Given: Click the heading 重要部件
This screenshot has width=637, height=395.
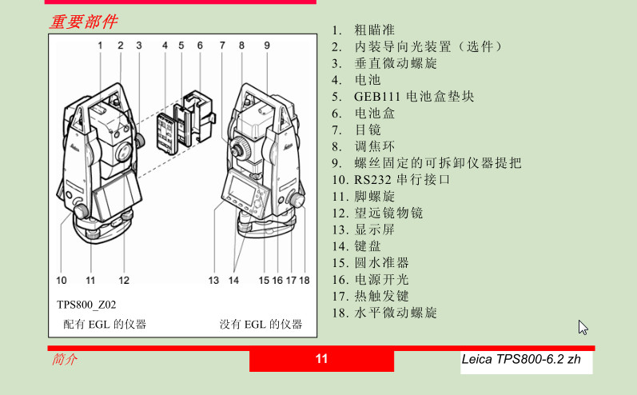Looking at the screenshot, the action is (84, 22).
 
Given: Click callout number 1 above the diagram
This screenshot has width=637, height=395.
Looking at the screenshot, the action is (100, 46).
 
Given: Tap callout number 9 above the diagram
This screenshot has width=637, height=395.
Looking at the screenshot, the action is (267, 46).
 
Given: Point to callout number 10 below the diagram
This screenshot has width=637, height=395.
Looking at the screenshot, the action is (62, 281).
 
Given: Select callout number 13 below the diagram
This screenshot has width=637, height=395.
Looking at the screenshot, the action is (213, 281).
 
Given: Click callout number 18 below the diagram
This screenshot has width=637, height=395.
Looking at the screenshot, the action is (305, 281).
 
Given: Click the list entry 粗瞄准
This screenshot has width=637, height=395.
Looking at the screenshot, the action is (375, 30).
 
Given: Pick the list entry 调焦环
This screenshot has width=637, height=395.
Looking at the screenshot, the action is (375, 146).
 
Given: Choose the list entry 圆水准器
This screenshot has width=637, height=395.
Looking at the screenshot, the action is (381, 263).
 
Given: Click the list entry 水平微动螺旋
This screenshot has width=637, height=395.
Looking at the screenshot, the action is (396, 313).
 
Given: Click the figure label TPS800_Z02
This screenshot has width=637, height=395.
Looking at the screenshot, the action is (86, 305).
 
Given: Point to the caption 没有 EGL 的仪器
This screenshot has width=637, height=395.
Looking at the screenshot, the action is (261, 325).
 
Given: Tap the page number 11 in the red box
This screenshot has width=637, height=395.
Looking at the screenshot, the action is (321, 359).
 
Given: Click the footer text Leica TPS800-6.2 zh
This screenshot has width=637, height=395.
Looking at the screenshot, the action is (521, 359).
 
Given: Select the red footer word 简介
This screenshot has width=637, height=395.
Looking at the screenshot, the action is (64, 359).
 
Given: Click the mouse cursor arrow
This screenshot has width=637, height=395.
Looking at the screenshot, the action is (583, 327).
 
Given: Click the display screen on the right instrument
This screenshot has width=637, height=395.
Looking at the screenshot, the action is (241, 188).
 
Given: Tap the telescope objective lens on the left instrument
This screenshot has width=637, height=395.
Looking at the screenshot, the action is (124, 153).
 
